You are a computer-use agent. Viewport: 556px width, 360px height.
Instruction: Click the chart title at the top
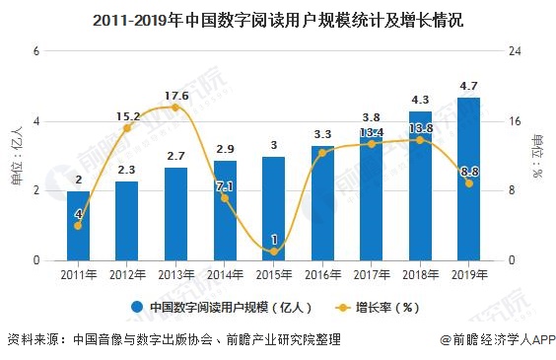pyautogui.click(x=277, y=18)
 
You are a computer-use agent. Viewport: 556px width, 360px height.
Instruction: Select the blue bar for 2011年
pyautogui.click(x=78, y=226)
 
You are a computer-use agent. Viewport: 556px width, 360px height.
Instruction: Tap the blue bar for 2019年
pyautogui.click(x=468, y=179)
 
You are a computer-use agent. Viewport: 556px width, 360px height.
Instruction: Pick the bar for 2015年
pyautogui.click(x=273, y=208)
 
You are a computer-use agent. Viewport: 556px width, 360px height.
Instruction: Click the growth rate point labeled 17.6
pyautogui.click(x=175, y=107)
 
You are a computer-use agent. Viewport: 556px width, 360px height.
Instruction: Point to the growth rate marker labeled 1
pyautogui.click(x=273, y=252)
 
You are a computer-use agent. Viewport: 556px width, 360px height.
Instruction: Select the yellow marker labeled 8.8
pyautogui.click(x=468, y=183)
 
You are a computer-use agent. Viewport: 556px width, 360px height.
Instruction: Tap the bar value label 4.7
pyautogui.click(x=468, y=87)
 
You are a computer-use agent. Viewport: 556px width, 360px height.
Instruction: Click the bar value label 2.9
pyautogui.click(x=225, y=149)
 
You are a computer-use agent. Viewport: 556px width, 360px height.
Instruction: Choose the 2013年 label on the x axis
pyautogui.click(x=175, y=275)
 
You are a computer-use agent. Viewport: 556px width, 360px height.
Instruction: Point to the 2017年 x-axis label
pyautogui.click(x=371, y=275)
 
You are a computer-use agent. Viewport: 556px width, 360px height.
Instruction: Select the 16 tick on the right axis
pyautogui.click(x=513, y=121)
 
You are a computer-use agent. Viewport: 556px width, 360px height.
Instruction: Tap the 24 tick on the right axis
pyautogui.click(x=513, y=51)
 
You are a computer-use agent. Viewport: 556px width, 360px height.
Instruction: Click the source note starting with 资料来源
pyautogui.click(x=174, y=340)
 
